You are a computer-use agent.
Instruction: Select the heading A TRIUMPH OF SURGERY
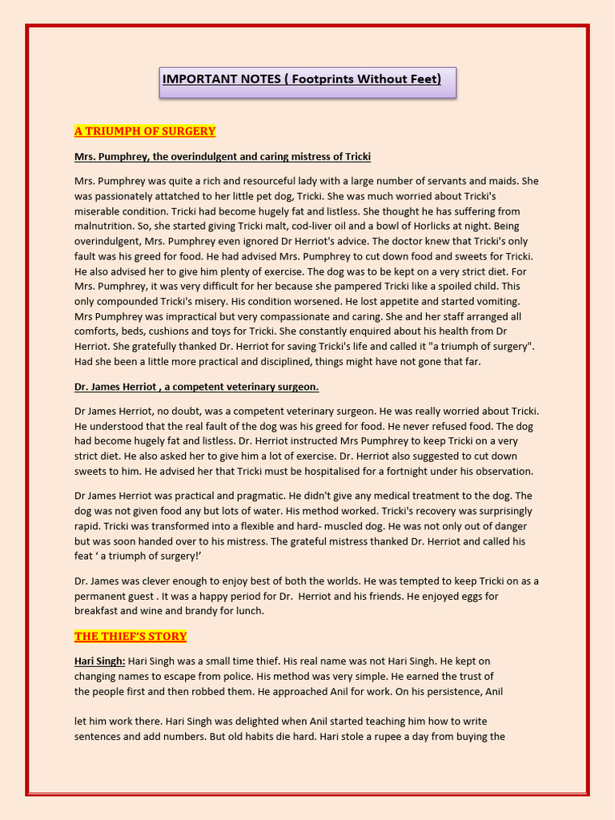[x=145, y=131]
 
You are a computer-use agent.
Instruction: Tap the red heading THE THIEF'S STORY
[x=131, y=637]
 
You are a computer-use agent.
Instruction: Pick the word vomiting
[x=497, y=301]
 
